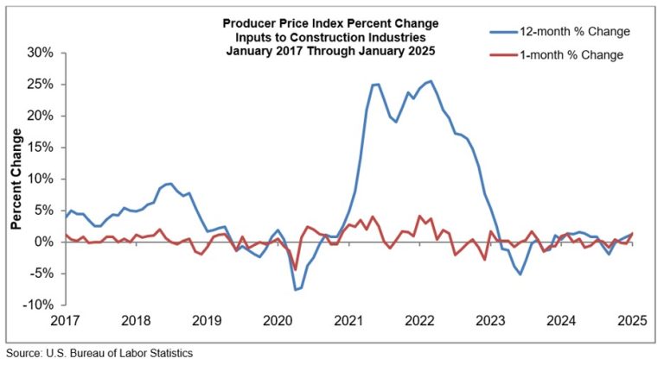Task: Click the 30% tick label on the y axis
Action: pyautogui.click(x=39, y=53)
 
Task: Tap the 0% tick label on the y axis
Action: pyautogui.click(x=42, y=242)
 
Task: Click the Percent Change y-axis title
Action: pyautogui.click(x=16, y=179)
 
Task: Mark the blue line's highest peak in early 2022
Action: pyautogui.click(x=431, y=81)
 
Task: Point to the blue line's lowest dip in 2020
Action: pyautogui.click(x=296, y=289)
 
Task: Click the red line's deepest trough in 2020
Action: pyautogui.click(x=295, y=269)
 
